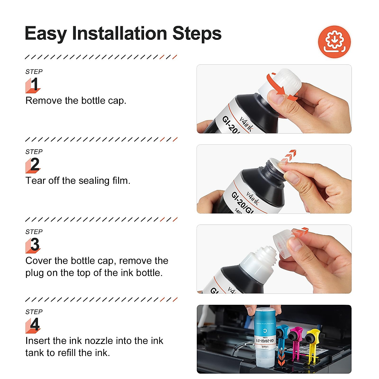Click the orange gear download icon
(334, 42)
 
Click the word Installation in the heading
(119, 33)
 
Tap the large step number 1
(34, 85)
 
